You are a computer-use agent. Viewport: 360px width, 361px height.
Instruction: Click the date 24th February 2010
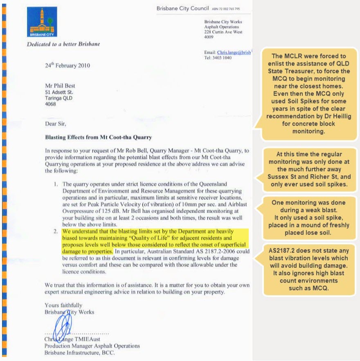[x=67, y=65]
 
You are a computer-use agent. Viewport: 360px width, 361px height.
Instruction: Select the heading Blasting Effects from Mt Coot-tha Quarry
[x=98, y=137]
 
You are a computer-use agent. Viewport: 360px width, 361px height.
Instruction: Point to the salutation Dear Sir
[x=55, y=122]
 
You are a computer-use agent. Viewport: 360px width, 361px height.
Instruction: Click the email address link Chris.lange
[x=234, y=52]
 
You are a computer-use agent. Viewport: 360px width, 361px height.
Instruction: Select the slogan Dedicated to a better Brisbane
[x=63, y=44]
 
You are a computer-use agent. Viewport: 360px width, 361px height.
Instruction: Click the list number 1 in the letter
[x=56, y=184]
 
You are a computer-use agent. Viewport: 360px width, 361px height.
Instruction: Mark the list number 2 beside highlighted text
[x=56, y=232]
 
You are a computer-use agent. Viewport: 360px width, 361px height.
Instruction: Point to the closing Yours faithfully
[x=63, y=305]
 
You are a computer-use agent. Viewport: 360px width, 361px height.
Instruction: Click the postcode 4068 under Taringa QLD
[x=50, y=104]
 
